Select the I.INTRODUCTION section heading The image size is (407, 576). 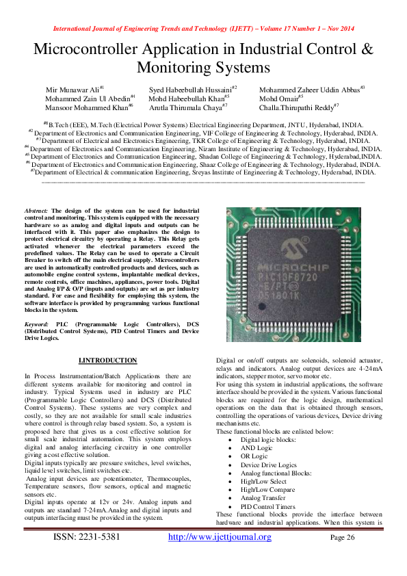(108, 361)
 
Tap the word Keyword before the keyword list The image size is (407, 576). (37, 322)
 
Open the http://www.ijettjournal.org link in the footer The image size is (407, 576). (220, 537)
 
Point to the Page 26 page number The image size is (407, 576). (343, 538)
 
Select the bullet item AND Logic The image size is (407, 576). (257, 448)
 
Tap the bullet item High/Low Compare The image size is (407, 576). (267, 489)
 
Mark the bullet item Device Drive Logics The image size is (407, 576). (269, 464)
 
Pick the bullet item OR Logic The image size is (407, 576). (254, 456)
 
